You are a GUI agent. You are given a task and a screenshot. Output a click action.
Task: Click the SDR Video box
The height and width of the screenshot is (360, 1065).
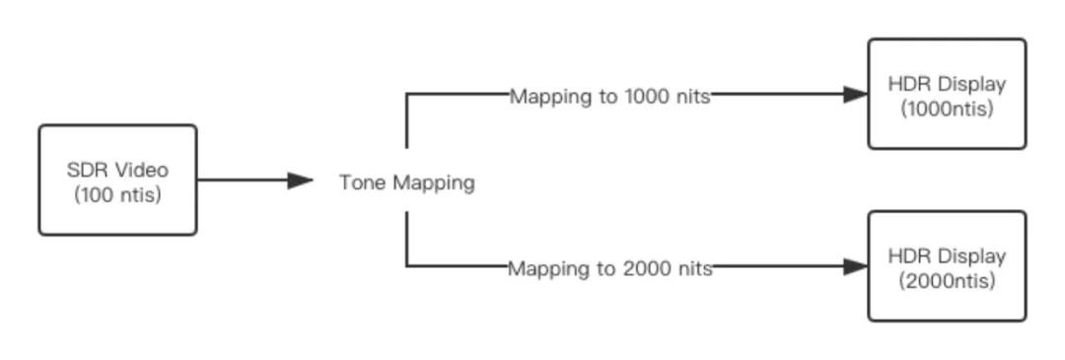click(x=117, y=180)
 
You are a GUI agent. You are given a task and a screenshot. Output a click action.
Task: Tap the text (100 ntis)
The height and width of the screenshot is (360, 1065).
click(x=117, y=195)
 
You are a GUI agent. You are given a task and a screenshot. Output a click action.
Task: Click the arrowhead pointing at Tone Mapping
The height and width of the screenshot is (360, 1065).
click(x=300, y=180)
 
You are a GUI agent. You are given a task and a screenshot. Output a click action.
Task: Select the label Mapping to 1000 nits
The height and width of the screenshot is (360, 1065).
click(x=610, y=97)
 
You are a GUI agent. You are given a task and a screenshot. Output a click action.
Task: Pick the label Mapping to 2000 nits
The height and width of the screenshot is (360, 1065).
click(x=610, y=269)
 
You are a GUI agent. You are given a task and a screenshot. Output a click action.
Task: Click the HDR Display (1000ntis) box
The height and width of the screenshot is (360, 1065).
click(x=947, y=94)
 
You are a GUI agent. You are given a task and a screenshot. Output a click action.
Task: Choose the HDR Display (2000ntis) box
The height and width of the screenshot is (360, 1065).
click(x=947, y=266)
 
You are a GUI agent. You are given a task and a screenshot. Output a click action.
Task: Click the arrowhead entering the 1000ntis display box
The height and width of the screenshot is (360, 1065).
click(x=856, y=95)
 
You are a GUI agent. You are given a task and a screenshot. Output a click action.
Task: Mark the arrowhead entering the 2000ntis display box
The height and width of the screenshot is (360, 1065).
click(x=856, y=267)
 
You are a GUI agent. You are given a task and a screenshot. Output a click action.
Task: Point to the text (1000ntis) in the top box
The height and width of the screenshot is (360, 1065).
click(x=947, y=108)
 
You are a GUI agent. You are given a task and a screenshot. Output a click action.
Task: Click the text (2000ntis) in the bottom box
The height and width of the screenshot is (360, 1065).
click(x=947, y=281)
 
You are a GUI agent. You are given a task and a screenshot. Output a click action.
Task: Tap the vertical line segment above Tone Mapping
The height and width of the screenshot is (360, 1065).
click(x=407, y=120)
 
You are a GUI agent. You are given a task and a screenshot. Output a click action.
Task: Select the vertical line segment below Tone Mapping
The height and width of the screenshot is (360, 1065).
click(x=407, y=239)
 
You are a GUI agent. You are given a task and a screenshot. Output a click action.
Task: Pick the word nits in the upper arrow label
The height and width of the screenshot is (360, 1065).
click(x=694, y=97)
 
